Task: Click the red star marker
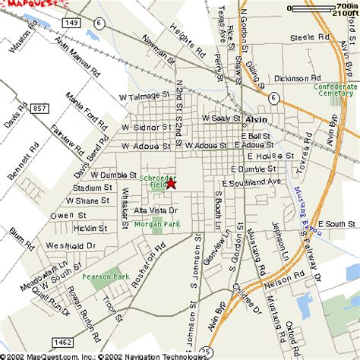[171, 183]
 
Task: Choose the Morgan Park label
[153, 224]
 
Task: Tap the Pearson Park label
[107, 277]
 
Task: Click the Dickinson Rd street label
[303, 77]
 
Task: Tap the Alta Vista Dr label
[156, 210]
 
